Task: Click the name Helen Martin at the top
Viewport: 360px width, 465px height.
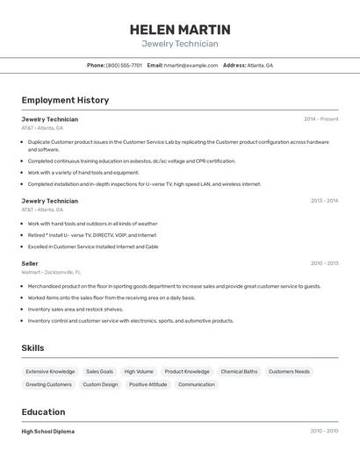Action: (x=180, y=29)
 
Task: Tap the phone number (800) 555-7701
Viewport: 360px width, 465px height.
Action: (x=124, y=65)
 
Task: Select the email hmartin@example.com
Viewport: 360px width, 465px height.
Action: (x=191, y=65)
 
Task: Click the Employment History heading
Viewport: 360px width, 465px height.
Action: (x=65, y=100)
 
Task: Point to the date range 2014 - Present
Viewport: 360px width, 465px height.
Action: (x=320, y=118)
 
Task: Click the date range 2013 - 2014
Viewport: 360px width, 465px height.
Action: (x=324, y=201)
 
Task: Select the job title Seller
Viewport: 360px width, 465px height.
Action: (x=30, y=263)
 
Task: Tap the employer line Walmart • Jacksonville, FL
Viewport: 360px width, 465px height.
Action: (x=51, y=272)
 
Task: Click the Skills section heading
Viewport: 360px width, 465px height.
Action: (x=32, y=348)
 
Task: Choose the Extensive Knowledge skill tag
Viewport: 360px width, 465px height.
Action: (x=50, y=371)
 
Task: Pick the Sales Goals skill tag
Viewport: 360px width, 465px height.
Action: (x=99, y=371)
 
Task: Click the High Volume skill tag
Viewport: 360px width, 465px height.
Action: (x=139, y=371)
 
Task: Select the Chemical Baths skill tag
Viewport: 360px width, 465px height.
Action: (x=239, y=371)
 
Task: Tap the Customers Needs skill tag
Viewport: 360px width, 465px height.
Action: (x=289, y=371)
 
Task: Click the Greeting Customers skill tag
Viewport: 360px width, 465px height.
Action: (x=48, y=384)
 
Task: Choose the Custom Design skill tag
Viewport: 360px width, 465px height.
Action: (x=100, y=384)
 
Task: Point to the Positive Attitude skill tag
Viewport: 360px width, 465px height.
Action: (x=148, y=384)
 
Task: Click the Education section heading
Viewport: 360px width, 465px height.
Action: (x=43, y=411)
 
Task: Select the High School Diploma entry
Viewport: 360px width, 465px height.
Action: (x=47, y=432)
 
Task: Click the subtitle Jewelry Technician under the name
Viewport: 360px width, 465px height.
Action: (x=180, y=44)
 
